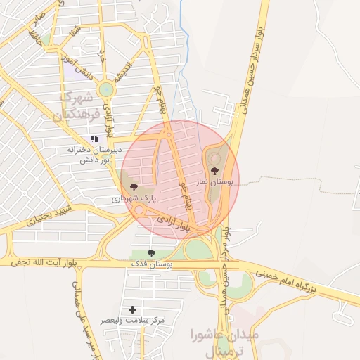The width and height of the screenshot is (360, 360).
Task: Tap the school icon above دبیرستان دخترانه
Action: (94, 139)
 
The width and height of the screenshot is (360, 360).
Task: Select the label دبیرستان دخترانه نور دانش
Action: (95, 154)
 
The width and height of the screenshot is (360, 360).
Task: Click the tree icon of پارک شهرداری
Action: (134, 187)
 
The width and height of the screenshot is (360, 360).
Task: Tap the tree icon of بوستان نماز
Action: (214, 170)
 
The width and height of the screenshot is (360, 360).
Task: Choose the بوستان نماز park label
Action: (217, 181)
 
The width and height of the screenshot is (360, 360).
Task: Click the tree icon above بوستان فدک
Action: (151, 253)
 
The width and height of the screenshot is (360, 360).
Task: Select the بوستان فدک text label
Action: (152, 264)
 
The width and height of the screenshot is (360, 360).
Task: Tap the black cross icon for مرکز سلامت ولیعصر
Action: (133, 309)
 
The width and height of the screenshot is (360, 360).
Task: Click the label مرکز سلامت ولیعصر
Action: (133, 321)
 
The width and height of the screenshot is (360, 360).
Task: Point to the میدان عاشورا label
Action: (226, 335)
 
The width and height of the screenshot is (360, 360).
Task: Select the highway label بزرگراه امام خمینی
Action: (295, 278)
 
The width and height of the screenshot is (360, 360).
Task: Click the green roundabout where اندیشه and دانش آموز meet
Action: (106, 89)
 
